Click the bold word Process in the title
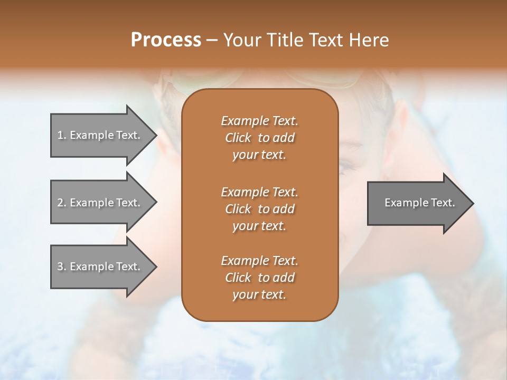tap(166, 40)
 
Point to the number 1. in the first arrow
tap(62, 135)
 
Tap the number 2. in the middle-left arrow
tap(62, 203)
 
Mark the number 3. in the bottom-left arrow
tap(62, 267)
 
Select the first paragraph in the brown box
tap(259, 138)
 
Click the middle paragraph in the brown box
tap(259, 209)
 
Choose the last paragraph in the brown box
tap(259, 278)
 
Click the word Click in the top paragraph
tap(238, 138)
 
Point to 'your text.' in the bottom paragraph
tap(259, 295)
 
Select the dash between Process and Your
tap(212, 41)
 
